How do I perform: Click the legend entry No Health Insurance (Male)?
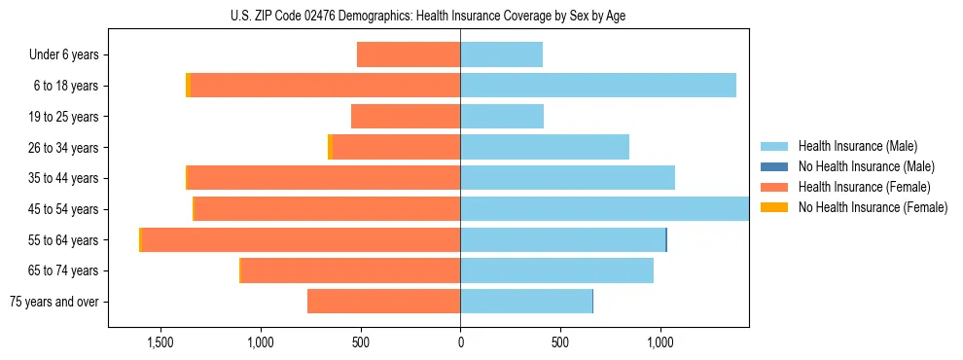tap(866, 166)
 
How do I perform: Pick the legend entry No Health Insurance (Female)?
tap(873, 207)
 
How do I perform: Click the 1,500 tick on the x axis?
tap(160, 343)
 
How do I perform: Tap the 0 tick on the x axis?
tap(460, 343)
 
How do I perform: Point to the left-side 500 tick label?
tap(360, 343)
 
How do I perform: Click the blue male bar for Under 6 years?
tap(501, 55)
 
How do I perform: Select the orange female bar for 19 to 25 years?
tap(406, 117)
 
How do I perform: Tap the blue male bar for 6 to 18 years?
tap(598, 86)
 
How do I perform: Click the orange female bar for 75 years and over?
tap(384, 302)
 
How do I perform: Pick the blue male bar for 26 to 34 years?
tap(545, 148)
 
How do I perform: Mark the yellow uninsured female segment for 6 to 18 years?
tap(188, 86)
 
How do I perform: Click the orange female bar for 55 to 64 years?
tap(302, 240)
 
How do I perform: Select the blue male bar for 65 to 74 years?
tap(556, 270)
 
